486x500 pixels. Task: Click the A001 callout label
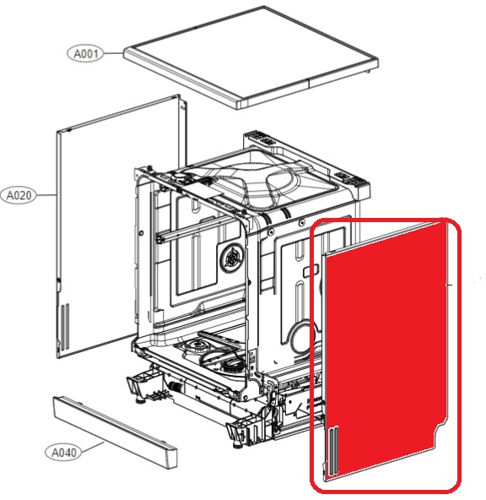(86, 53)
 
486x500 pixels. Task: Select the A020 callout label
(19, 195)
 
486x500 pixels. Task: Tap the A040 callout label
(63, 452)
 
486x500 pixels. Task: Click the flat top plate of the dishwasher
(251, 57)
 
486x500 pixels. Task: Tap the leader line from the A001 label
(114, 53)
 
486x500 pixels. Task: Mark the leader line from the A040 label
(93, 447)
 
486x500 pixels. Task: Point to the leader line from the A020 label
(46, 195)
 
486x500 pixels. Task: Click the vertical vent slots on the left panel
(65, 326)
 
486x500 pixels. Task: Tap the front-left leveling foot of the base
(139, 399)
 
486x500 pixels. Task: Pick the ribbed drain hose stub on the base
(175, 387)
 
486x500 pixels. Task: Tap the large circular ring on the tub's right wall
(303, 338)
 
